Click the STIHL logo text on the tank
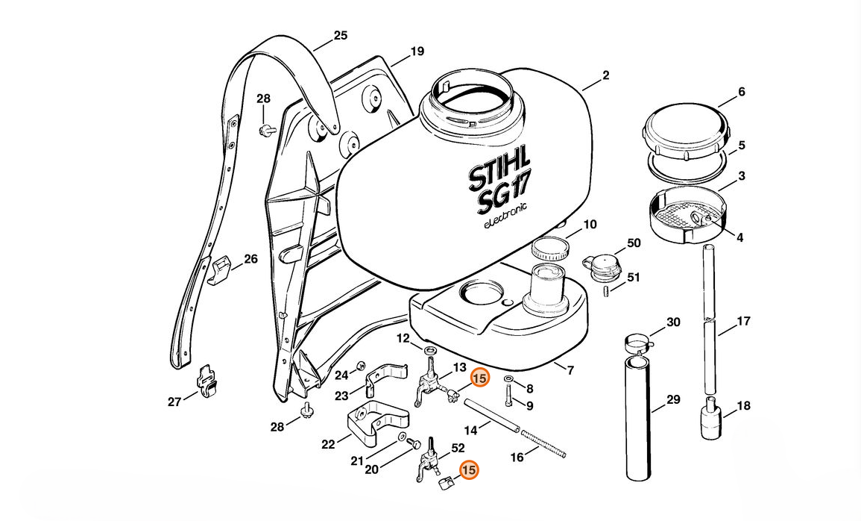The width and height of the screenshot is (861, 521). [x=499, y=170]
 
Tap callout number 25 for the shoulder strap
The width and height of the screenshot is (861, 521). [x=340, y=35]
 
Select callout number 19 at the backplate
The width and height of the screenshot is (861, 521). [x=417, y=52]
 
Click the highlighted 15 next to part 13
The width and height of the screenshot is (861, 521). [x=480, y=379]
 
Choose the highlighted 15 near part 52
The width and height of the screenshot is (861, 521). [x=469, y=471]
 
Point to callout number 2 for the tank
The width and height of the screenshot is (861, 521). [x=605, y=75]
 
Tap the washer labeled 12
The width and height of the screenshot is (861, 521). [x=430, y=350]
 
